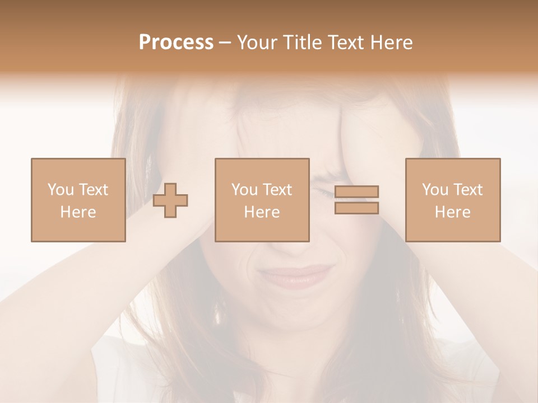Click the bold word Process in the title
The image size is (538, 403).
176,43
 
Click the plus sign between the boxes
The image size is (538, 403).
170,200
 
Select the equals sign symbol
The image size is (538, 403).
356,200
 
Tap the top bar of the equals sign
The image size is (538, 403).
356,192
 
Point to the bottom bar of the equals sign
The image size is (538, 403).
356,208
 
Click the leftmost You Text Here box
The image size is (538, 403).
78,200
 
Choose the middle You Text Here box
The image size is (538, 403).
262,200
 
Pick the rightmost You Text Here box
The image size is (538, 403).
452,200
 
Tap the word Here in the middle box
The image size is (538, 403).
262,212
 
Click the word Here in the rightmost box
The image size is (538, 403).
452,212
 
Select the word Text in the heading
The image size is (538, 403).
344,43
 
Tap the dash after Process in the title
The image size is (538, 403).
225,43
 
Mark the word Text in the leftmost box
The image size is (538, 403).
93,190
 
